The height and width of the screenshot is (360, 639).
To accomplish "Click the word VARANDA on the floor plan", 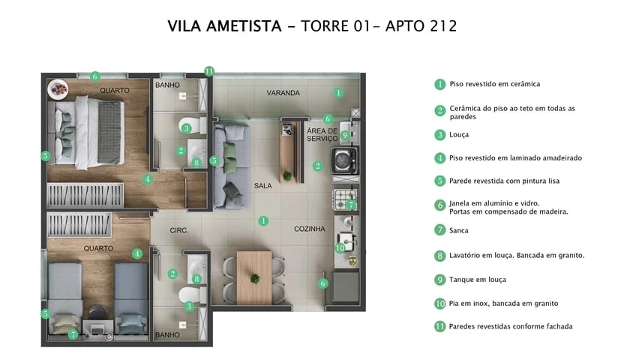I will (x=283, y=93).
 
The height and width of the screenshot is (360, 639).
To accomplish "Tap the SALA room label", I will (x=262, y=185).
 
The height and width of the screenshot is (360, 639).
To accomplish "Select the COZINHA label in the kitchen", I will (x=309, y=229).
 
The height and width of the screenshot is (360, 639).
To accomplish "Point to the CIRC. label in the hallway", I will (x=178, y=230).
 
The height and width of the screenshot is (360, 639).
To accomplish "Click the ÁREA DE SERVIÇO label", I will (x=322, y=135).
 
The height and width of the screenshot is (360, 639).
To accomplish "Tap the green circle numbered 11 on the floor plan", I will (x=209, y=72).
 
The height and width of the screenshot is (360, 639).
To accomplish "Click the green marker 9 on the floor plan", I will (x=344, y=136).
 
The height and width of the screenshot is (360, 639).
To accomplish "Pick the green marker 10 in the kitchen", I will (x=339, y=247).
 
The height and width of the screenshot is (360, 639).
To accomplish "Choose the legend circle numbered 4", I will (x=440, y=158).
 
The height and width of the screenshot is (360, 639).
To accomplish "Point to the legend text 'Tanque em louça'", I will (x=477, y=279).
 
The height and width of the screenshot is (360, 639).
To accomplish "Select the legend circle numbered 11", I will (x=440, y=326).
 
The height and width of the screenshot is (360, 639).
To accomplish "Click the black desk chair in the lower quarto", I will (x=97, y=312).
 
